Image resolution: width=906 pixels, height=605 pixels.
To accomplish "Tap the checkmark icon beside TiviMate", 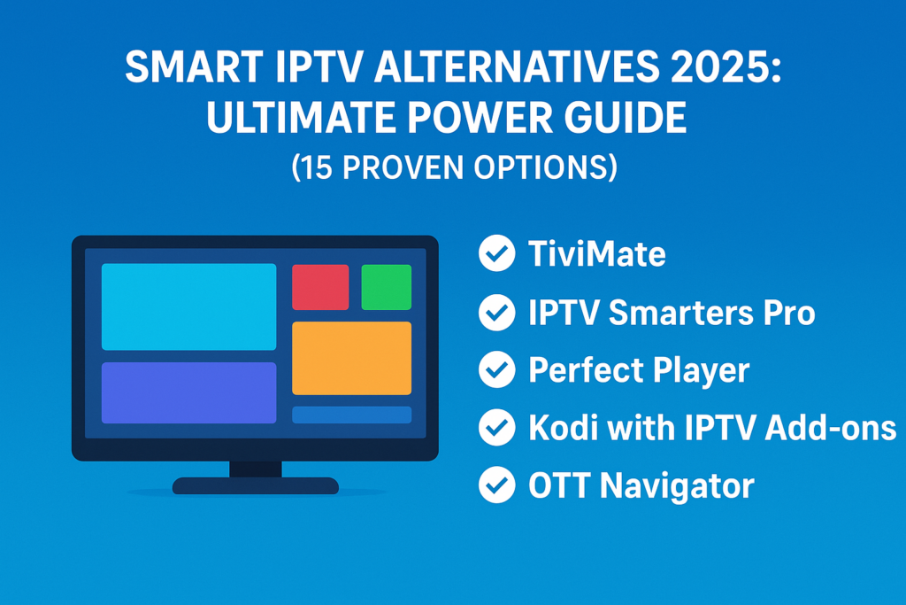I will pos(496,255).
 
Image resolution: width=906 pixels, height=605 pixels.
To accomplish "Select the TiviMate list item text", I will pos(596,255).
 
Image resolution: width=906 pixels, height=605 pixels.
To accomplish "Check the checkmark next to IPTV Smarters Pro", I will pos(496,313).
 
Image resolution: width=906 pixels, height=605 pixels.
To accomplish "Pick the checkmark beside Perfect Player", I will pos(496,370).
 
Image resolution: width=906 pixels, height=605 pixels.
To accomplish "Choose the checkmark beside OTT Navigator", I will pos(496,485).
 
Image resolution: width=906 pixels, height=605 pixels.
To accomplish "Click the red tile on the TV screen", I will pos(320,287).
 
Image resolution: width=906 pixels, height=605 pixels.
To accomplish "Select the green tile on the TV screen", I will pos(386,287).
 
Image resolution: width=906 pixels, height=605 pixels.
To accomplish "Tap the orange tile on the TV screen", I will pos(351,358).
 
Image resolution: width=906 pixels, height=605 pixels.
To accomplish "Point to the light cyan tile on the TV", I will pos(188,306).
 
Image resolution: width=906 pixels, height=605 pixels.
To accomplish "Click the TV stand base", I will pos(256,485).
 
